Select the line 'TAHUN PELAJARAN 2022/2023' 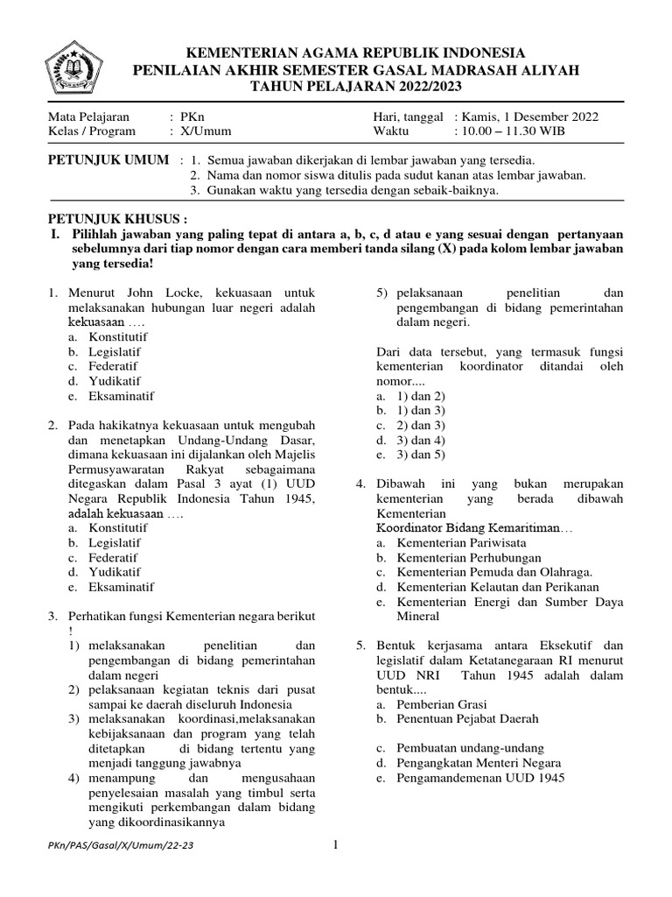click(x=355, y=87)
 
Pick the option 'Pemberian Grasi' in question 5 click(x=442, y=703)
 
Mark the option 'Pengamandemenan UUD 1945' click(x=480, y=777)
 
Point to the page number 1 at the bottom click(x=335, y=844)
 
